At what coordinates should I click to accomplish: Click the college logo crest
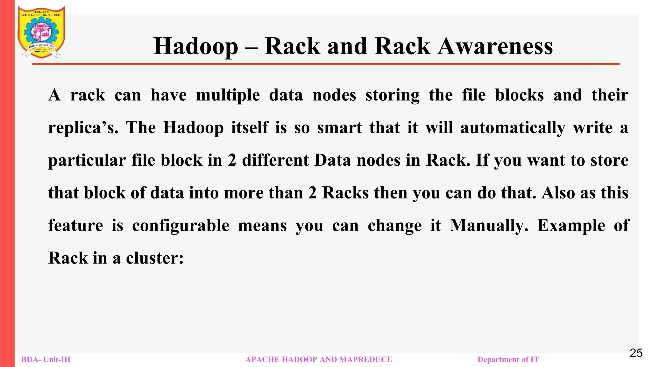pos(41,32)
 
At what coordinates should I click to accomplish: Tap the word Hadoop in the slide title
pos(195,47)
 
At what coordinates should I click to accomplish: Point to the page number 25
pos(636,353)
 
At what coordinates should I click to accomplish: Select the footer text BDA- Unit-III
pos(46,360)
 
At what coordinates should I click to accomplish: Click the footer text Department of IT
pos(508,360)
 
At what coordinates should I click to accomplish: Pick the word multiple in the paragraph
pos(228,95)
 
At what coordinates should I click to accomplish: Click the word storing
pos(393,95)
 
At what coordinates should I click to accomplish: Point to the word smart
pos(339,128)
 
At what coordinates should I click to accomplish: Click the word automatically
pos(513,128)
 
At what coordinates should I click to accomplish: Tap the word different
pos(275,160)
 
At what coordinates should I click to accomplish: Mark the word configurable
pos(181,226)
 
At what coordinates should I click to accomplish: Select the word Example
pos(571,226)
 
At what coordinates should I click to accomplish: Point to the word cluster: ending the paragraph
pos(155,258)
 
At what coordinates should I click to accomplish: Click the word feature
pos(76,226)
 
